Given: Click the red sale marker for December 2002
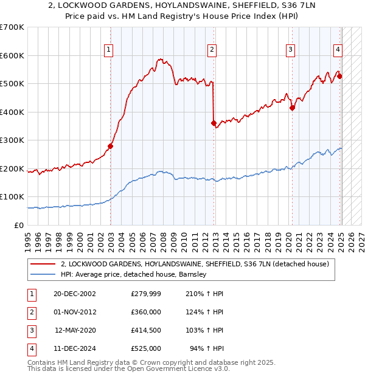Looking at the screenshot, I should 111,146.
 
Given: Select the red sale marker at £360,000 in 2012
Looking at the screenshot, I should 214,123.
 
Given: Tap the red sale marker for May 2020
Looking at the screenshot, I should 292,108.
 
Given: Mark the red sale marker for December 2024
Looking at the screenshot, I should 339,77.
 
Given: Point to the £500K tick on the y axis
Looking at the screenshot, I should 12,84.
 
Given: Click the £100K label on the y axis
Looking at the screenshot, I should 12,197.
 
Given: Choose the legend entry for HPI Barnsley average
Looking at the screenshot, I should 134,274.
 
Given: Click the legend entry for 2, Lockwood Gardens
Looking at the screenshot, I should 195,264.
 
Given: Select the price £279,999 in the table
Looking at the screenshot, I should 146,293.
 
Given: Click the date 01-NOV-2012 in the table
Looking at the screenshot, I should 74,311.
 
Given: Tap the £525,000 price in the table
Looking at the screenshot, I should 146,348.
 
